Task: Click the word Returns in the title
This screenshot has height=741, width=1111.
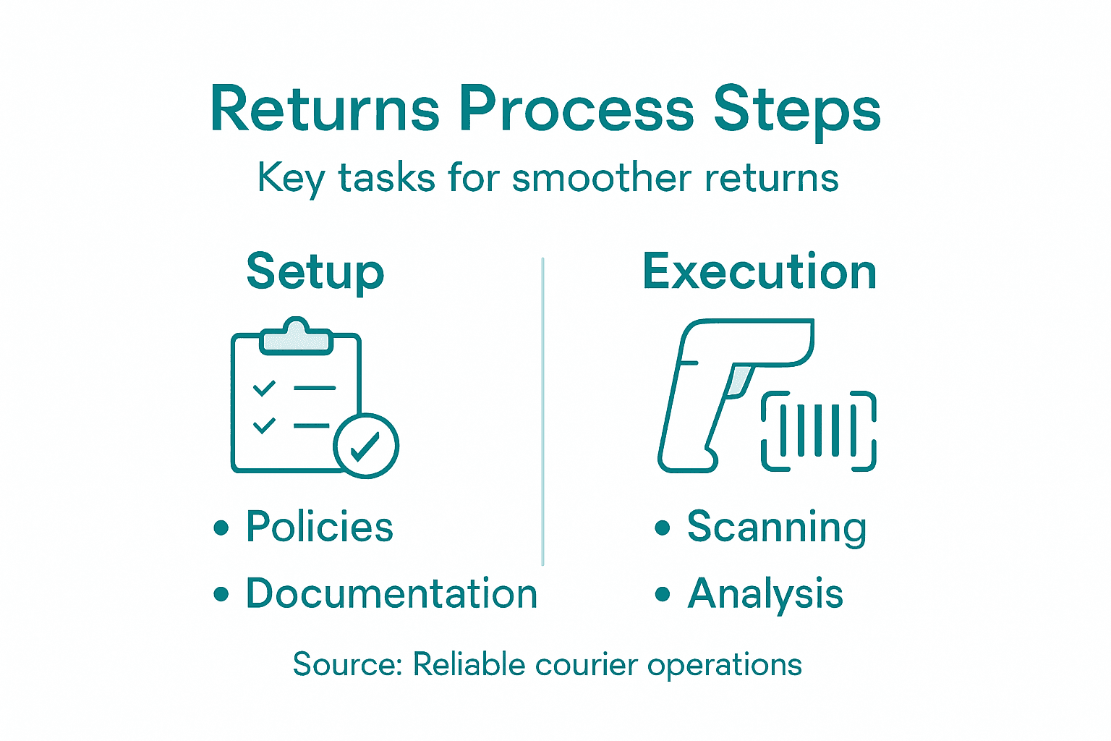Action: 325,110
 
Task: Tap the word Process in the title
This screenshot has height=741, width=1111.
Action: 576,110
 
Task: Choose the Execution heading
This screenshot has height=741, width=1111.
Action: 759,272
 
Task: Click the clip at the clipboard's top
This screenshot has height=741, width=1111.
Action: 295,337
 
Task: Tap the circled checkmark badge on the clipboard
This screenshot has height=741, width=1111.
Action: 366,446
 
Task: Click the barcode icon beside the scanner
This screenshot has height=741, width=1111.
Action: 818,431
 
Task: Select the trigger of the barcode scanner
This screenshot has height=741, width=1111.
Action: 738,381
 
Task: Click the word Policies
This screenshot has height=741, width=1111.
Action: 319,527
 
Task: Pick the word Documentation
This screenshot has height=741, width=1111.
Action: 391,594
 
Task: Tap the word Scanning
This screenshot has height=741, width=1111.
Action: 776,528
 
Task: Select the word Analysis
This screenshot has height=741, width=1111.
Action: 765,595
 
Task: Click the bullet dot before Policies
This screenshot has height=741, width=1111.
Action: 221,528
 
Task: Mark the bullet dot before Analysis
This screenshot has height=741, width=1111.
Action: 663,595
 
